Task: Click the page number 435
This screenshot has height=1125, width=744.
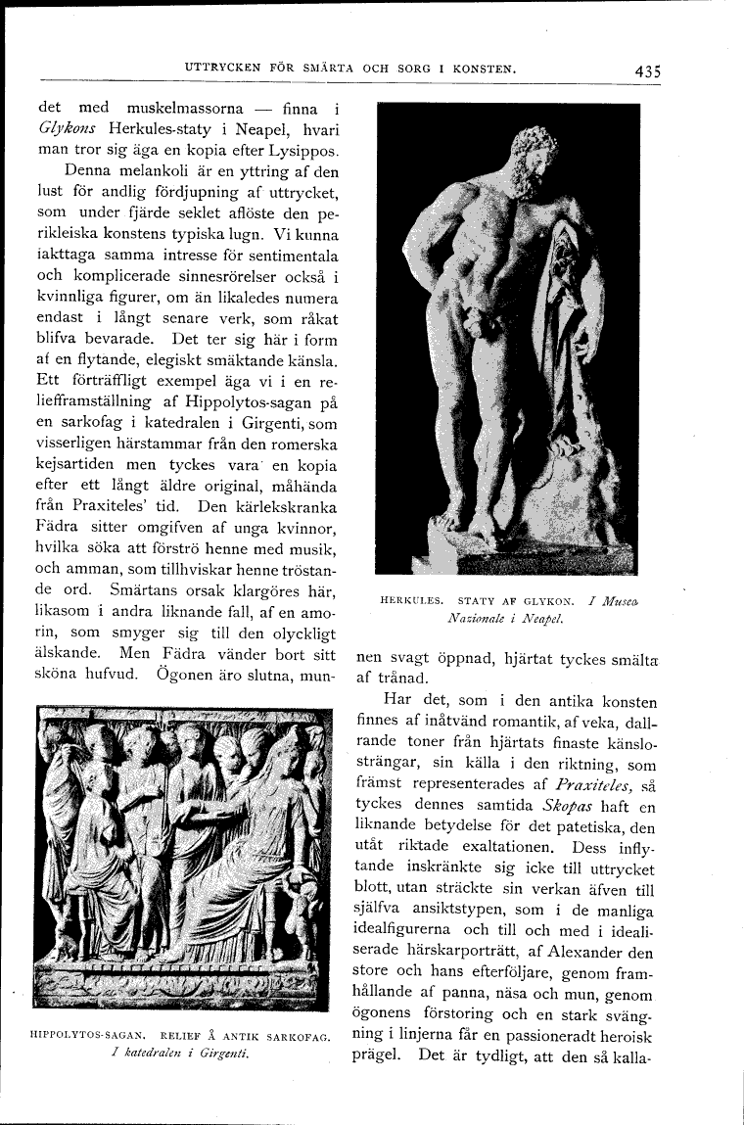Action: (647, 70)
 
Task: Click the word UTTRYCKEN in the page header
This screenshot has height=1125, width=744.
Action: (221, 69)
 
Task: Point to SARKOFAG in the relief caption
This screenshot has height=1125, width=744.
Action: (299, 1036)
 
